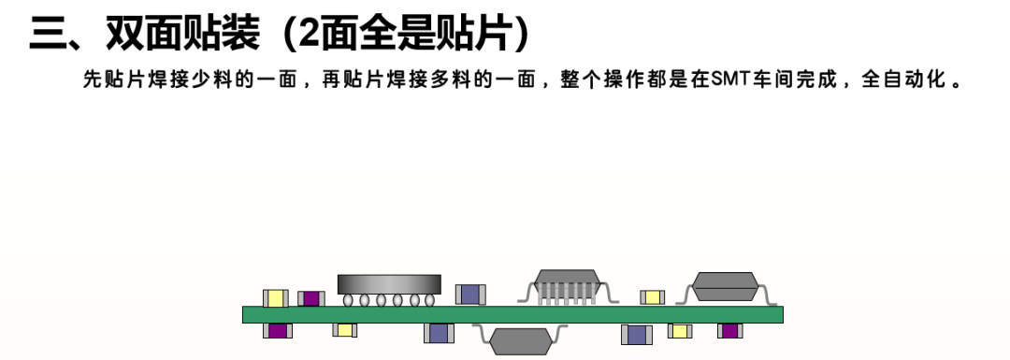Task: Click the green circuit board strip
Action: click(x=512, y=314)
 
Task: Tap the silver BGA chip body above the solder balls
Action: click(x=389, y=284)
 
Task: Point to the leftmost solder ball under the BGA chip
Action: click(x=349, y=300)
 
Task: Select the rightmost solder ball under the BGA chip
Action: click(x=429, y=300)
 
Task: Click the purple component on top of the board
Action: click(x=311, y=299)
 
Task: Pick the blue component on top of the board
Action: click(x=470, y=295)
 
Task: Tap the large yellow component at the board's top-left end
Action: click(x=276, y=298)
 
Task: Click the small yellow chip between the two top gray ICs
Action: click(x=652, y=297)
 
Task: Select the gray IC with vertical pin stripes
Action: click(x=567, y=286)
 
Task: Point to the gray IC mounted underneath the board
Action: click(x=521, y=338)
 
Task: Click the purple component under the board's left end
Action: click(x=278, y=330)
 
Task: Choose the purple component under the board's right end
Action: click(x=729, y=330)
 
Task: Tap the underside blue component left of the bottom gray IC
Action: click(x=439, y=333)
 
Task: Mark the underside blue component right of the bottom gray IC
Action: click(x=637, y=334)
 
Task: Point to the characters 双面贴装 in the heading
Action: click(x=183, y=34)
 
